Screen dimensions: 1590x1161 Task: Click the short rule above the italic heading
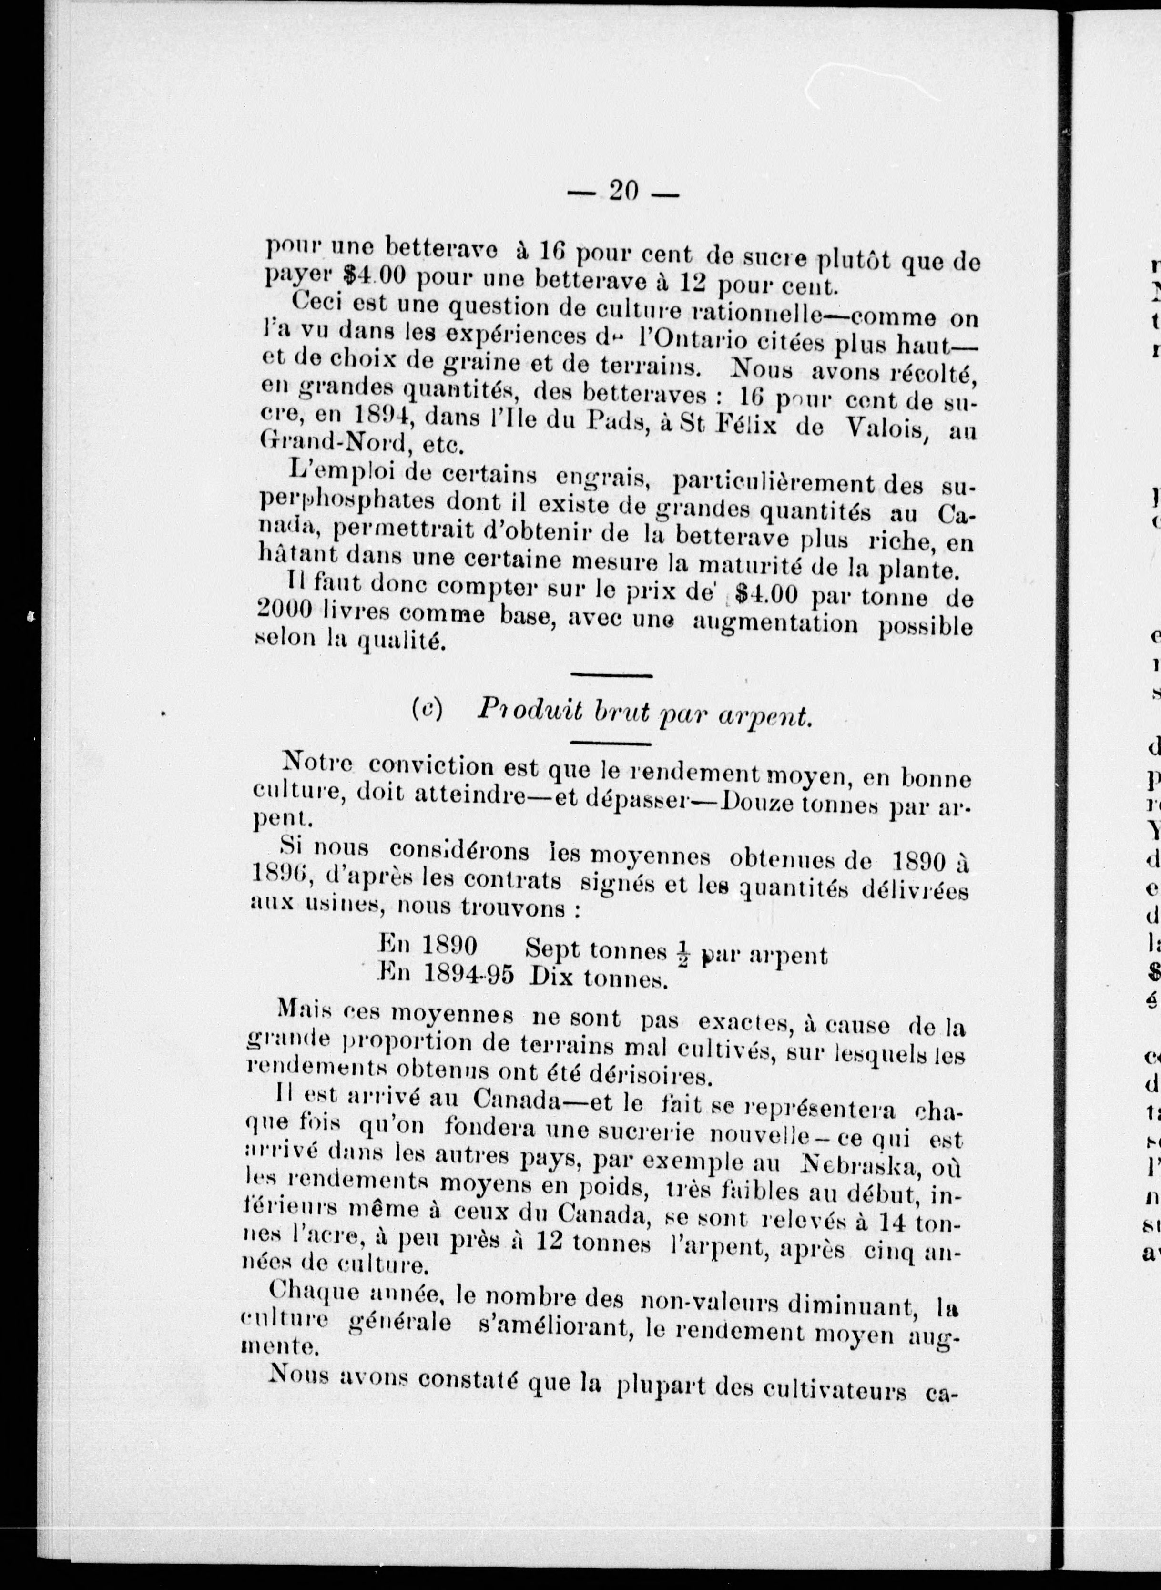[611, 676]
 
